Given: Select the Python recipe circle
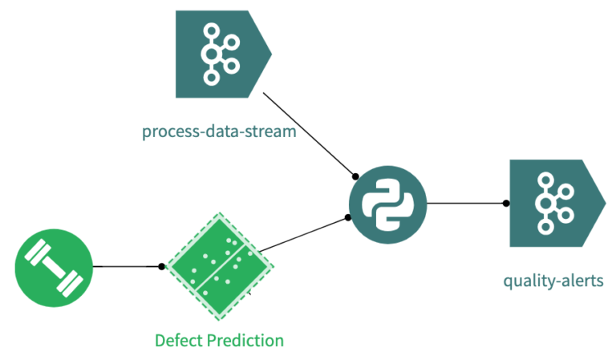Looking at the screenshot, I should (x=387, y=204).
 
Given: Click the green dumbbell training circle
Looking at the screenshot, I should (x=54, y=268).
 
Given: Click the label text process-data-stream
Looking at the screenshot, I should (x=219, y=131).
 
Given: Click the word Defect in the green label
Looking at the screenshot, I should (x=179, y=341).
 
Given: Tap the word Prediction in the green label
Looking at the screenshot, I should (x=245, y=341).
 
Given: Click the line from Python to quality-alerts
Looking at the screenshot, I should (x=465, y=203).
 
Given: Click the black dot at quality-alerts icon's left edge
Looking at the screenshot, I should (x=505, y=203).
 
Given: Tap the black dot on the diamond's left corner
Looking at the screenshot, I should (x=162, y=266).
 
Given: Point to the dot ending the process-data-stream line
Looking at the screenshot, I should (x=354, y=176).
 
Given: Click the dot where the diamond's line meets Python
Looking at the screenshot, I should (x=348, y=217).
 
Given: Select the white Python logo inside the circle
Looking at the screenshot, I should (x=387, y=204).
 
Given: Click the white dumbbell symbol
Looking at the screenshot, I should (x=54, y=268).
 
